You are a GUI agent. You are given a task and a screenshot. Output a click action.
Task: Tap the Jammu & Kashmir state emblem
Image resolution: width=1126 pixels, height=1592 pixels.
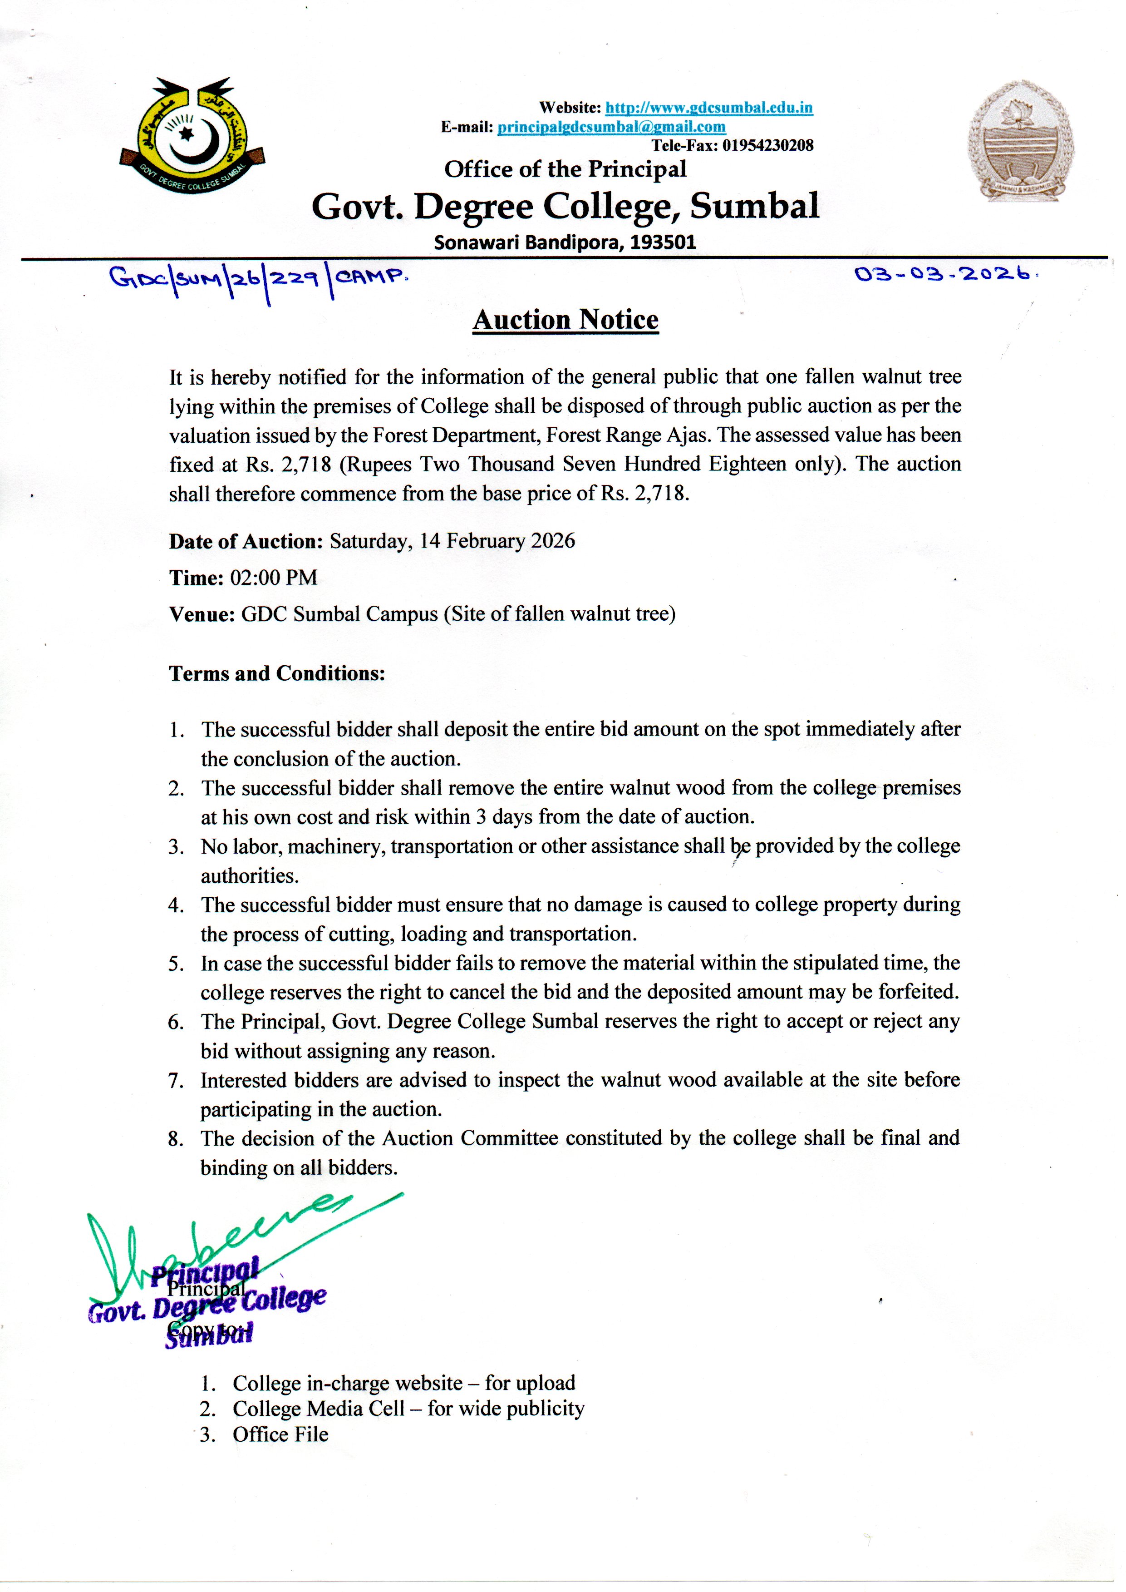(1021, 141)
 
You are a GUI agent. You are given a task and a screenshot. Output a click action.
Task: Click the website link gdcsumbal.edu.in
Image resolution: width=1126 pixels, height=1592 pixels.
(708, 108)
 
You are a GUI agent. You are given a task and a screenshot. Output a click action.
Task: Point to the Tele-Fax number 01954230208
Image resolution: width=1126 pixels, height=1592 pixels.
(768, 145)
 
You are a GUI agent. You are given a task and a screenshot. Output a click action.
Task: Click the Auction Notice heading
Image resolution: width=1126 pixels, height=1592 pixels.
(565, 319)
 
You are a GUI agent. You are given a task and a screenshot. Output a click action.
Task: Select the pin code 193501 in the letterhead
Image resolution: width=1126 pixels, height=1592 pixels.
(664, 242)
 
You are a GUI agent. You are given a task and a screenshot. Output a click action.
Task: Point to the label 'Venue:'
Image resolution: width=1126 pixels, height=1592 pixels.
(202, 614)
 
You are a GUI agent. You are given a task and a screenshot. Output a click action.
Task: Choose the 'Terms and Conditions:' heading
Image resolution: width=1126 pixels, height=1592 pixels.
(277, 673)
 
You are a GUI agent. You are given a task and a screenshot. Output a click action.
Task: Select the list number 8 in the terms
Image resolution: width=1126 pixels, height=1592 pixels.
(176, 1139)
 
